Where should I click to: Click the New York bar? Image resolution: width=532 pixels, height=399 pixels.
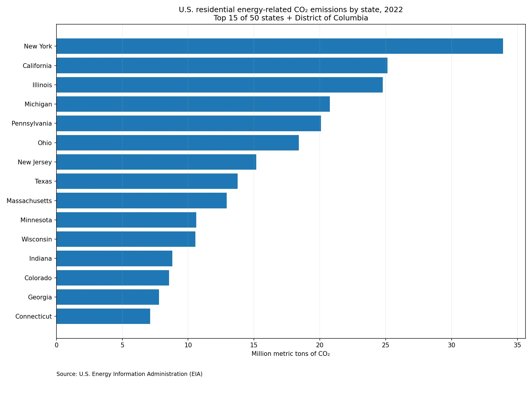pyautogui.click(x=280, y=46)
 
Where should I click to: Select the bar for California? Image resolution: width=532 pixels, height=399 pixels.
pyautogui.click(x=222, y=66)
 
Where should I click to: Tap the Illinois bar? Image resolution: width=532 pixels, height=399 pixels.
pyautogui.click(x=220, y=85)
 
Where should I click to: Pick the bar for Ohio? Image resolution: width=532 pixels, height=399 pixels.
pyautogui.click(x=178, y=143)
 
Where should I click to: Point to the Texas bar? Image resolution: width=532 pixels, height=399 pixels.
pyautogui.click(x=147, y=181)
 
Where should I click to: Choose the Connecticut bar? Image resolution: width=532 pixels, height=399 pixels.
pyautogui.click(x=103, y=316)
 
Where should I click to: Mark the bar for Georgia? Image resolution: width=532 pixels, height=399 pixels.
pyautogui.click(x=108, y=297)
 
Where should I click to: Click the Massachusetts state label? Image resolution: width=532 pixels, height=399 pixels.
pyautogui.click(x=29, y=201)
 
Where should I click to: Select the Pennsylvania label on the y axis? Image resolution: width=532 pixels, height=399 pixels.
pyautogui.click(x=32, y=124)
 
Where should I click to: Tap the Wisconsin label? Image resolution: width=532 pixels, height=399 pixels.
pyautogui.click(x=37, y=239)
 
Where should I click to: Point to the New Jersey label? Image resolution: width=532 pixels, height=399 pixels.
pyautogui.click(x=35, y=162)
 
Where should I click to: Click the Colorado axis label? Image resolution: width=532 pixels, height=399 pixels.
pyautogui.click(x=38, y=278)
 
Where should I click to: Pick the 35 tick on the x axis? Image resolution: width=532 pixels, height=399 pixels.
pyautogui.click(x=517, y=345)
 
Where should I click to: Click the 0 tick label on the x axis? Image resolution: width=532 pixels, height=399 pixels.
pyautogui.click(x=56, y=345)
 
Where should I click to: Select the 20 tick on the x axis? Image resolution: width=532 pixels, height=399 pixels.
pyautogui.click(x=319, y=345)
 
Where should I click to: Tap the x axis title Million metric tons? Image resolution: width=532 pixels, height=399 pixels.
pyautogui.click(x=291, y=354)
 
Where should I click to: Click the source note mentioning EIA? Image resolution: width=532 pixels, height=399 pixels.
pyautogui.click(x=129, y=374)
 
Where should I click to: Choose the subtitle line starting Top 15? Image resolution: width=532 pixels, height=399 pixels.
pyautogui.click(x=291, y=18)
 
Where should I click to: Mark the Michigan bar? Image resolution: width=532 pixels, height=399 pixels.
pyautogui.click(x=193, y=104)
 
